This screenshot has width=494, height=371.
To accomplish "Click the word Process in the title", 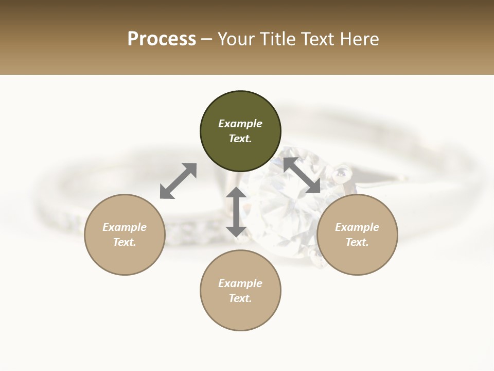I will tap(162, 39).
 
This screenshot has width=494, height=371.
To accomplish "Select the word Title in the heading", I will tap(279, 39).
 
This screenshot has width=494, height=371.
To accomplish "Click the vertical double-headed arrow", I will tap(236, 212).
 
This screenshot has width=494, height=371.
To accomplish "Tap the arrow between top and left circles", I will tap(178, 180).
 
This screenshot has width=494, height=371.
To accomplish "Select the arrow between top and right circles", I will tap(302, 175).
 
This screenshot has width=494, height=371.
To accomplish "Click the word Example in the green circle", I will tap(240, 124).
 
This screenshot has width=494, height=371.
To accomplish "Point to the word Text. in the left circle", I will tap(125, 242).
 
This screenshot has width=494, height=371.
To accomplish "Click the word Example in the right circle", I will tap(357, 227).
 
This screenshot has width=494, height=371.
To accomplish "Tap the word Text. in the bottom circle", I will tap(240, 298).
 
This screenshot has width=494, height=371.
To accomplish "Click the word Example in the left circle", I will tap(125, 227).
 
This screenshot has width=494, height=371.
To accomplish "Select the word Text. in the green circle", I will tap(240, 139).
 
